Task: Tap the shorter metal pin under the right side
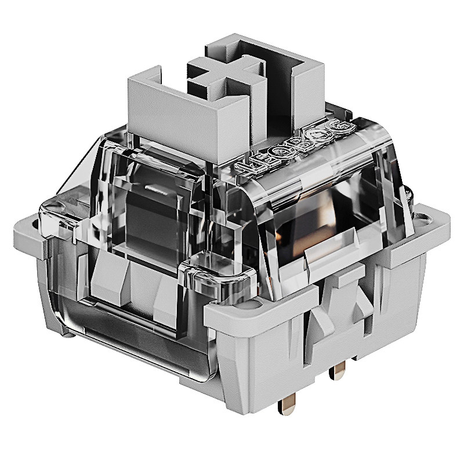point(338,371)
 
